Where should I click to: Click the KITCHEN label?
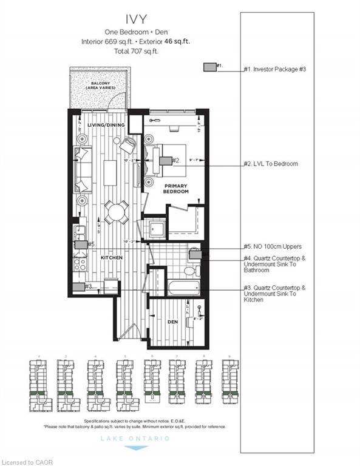(112, 258)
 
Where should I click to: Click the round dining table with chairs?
(115, 212)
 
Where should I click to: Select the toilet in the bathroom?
(194, 255)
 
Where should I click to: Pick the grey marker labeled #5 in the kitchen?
(80, 245)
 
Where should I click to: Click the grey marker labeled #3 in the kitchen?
(78, 287)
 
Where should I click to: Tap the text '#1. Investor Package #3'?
(274, 69)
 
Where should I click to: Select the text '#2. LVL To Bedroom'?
(271, 164)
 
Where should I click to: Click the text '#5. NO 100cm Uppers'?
(273, 246)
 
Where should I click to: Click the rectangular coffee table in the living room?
(109, 172)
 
